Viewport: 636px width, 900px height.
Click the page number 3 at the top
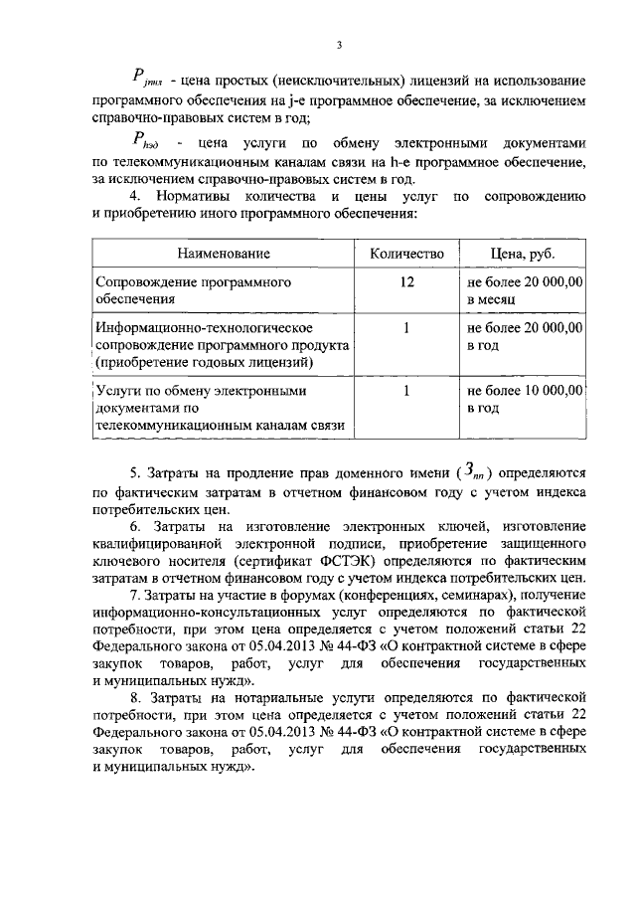(339, 44)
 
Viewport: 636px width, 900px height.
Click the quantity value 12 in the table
(406, 282)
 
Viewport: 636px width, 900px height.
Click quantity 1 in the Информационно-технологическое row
(406, 327)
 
